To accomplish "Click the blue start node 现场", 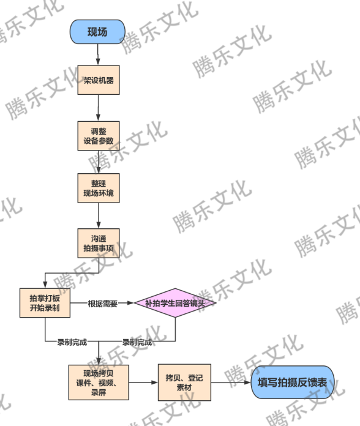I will (98, 32).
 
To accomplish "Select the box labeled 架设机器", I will (98, 80).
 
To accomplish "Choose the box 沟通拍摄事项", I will (98, 244).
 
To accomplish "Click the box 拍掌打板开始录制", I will (45, 302).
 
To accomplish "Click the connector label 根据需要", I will (102, 303).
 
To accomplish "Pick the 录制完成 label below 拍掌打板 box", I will (72, 342).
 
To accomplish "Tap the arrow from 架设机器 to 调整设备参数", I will (98, 108).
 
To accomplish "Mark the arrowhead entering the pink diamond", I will (132, 303).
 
